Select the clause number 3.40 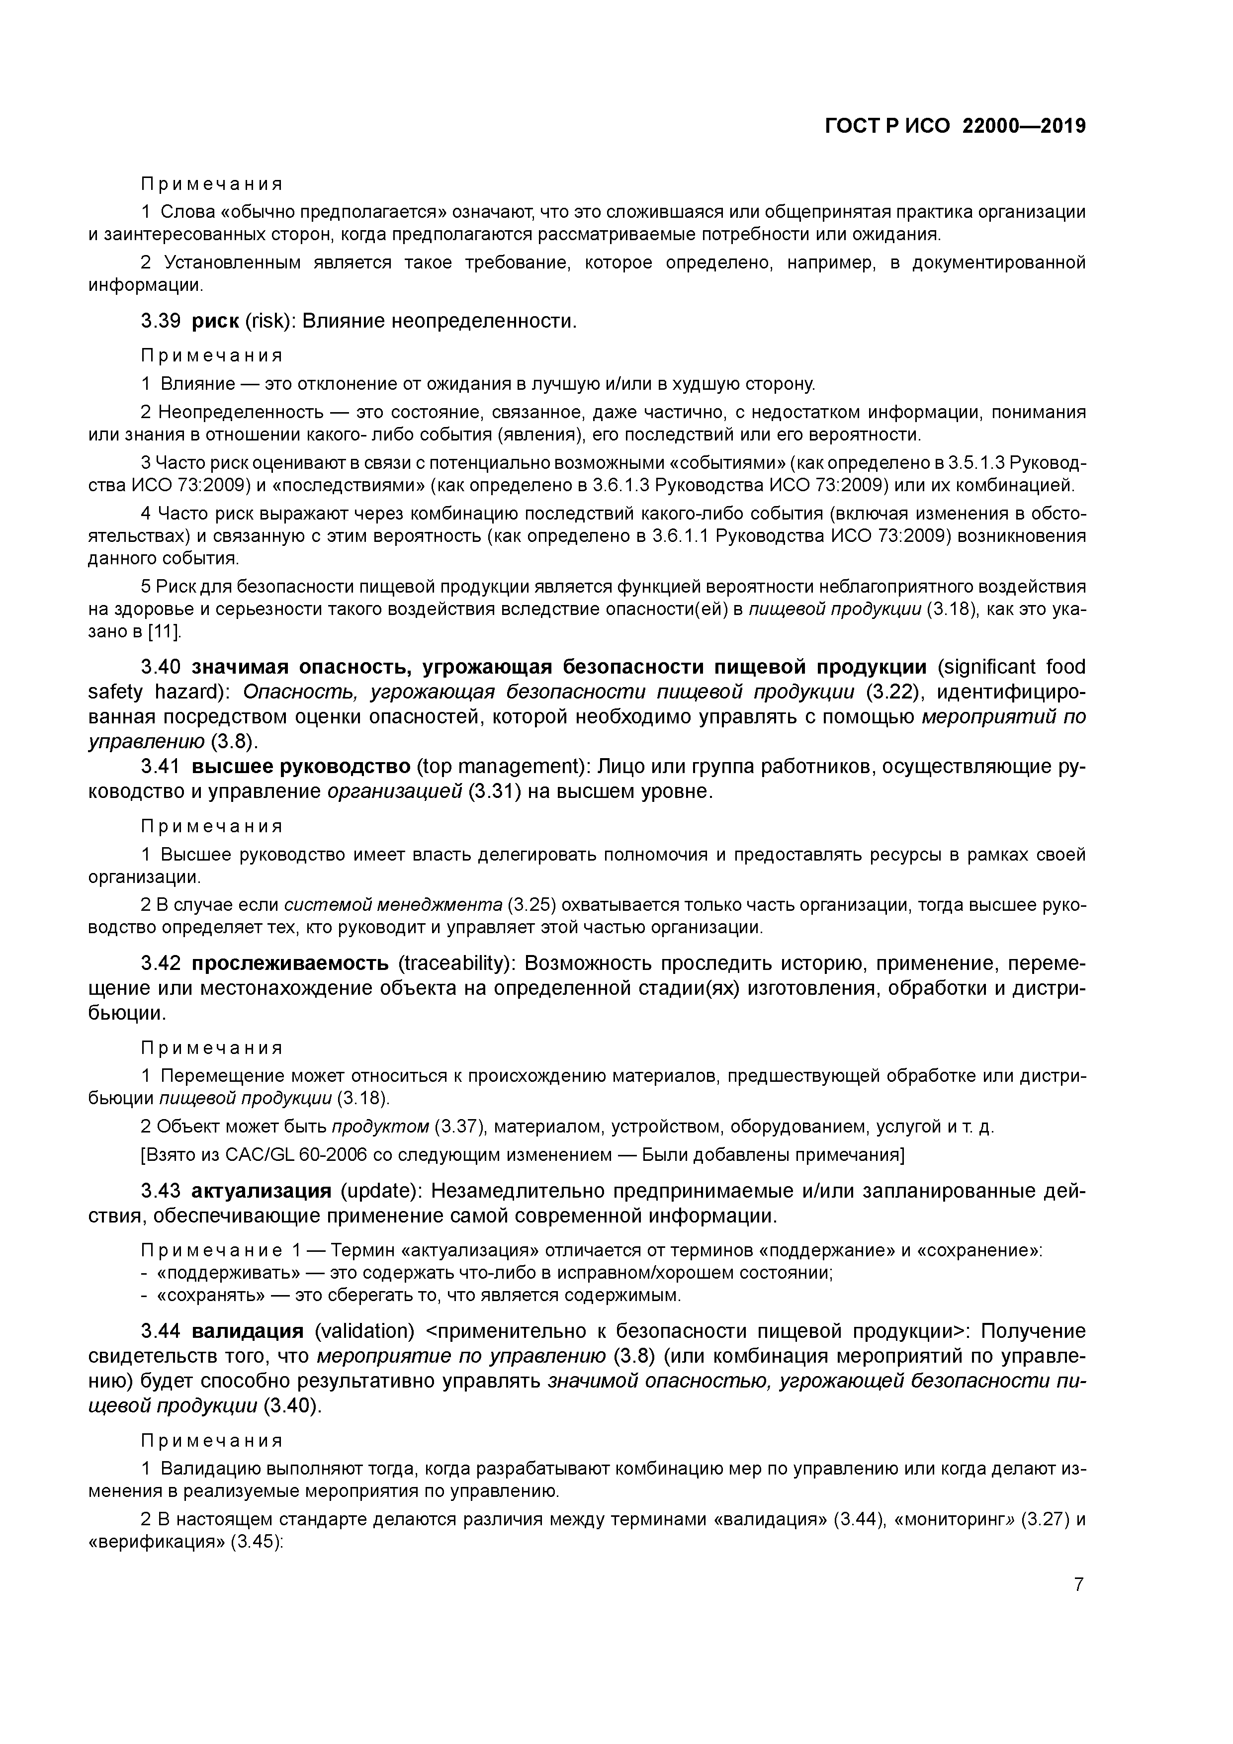pyautogui.click(x=160, y=667)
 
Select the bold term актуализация pyautogui.click(x=262, y=1191)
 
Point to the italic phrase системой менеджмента pyautogui.click(x=393, y=905)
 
